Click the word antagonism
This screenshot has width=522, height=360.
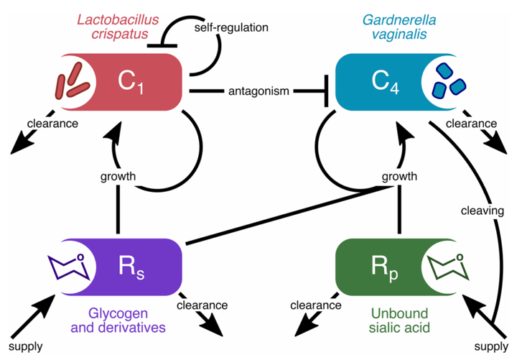coord(258,91)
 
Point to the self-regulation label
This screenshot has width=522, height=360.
coord(231,27)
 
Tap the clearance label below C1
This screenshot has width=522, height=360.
coord(52,123)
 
